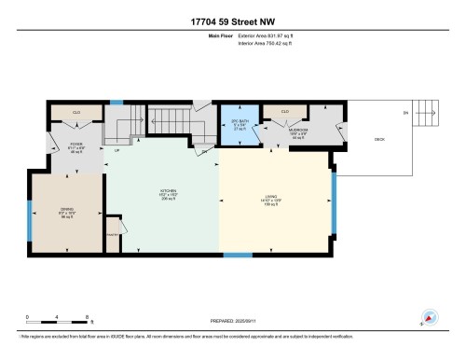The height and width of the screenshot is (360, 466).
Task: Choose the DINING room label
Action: tap(66, 210)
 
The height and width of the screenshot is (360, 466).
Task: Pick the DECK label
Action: tap(379, 139)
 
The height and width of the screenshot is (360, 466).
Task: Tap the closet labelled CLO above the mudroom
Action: tap(281, 113)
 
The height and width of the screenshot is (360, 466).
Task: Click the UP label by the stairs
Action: tap(117, 150)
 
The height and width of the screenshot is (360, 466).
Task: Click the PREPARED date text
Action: tap(233, 323)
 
